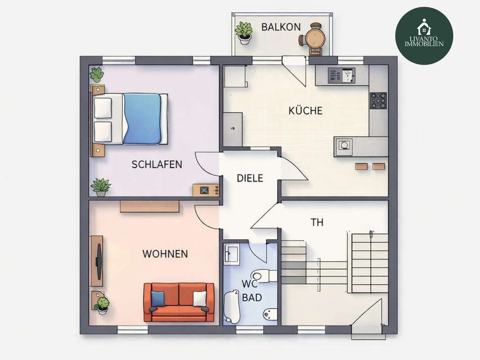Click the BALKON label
[281, 27]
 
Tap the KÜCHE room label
[305, 111]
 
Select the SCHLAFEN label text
[157, 164]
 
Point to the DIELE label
[250, 178]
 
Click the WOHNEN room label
[165, 254]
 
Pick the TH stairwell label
[317, 222]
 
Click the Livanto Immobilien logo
[424, 35]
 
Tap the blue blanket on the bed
[142, 118]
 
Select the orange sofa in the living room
[179, 302]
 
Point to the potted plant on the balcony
[244, 32]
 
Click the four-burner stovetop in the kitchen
[378, 101]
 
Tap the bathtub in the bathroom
[233, 306]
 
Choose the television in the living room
[99, 261]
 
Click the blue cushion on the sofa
[158, 299]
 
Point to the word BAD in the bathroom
[252, 298]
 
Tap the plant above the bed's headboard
[97, 75]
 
